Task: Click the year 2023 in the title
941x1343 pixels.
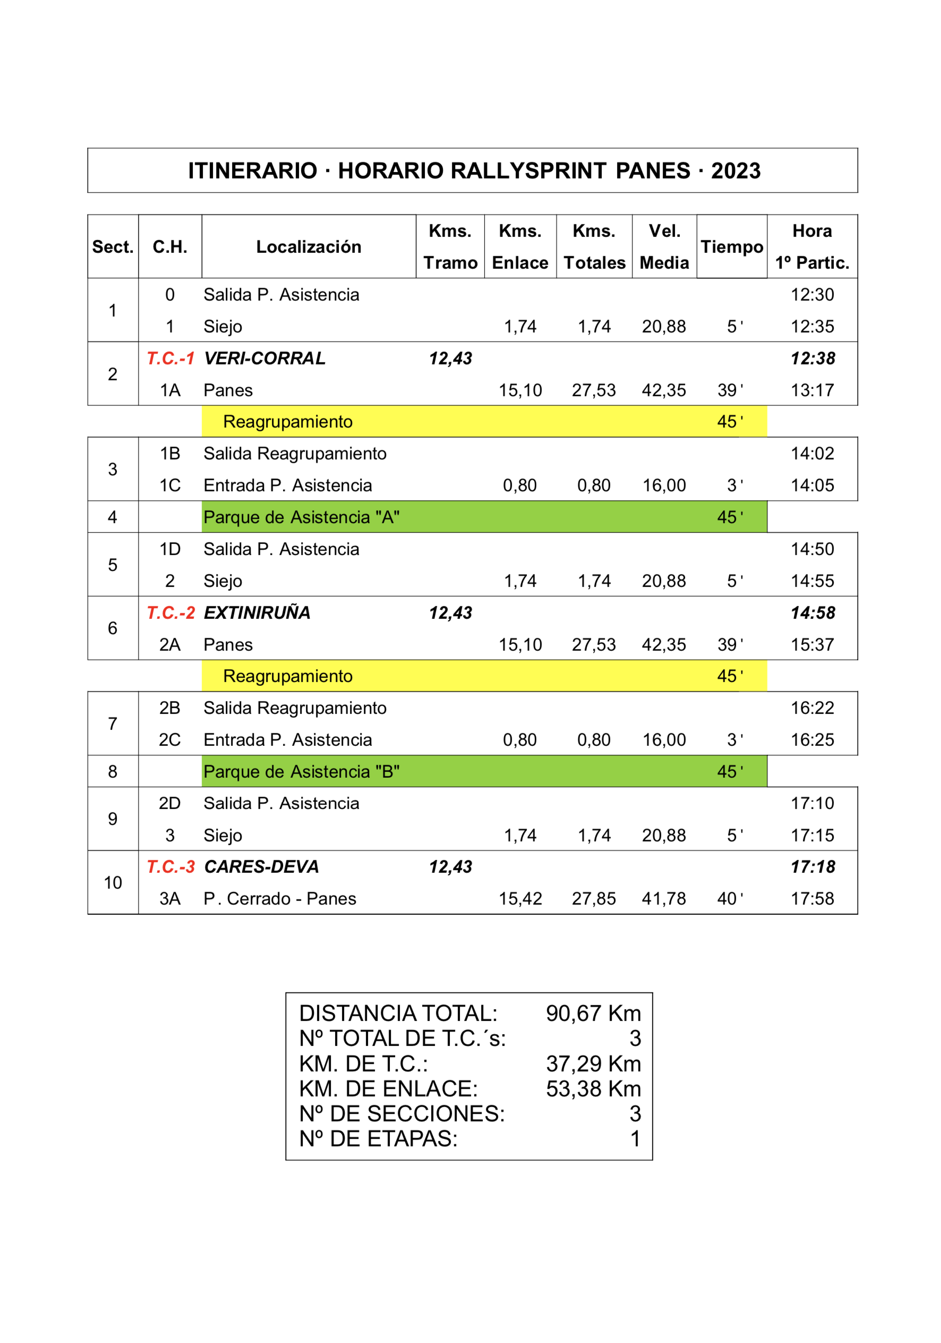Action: tap(735, 171)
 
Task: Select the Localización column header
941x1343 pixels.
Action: tap(308, 247)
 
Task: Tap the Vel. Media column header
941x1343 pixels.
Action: tap(664, 247)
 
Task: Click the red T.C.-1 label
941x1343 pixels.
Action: tap(169, 358)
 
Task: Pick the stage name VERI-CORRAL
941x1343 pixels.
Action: tap(264, 358)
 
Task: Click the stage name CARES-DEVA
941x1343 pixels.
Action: tap(261, 866)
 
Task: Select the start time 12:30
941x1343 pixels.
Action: tap(812, 295)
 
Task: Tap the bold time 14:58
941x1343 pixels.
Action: tap(812, 613)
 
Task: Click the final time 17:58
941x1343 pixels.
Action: tap(812, 898)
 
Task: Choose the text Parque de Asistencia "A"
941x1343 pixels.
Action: tap(301, 517)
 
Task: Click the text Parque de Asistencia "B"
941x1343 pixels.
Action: tap(301, 771)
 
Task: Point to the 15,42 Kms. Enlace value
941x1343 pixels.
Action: tap(520, 898)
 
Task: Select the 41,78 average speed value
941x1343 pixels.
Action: tap(664, 898)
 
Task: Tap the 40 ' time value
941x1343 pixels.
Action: tap(730, 898)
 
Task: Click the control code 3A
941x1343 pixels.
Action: tap(169, 898)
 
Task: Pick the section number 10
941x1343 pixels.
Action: tap(113, 882)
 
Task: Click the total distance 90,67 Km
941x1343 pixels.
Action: tap(593, 1013)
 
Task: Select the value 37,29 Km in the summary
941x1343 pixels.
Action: tap(593, 1064)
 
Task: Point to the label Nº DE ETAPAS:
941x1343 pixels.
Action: tap(378, 1138)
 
